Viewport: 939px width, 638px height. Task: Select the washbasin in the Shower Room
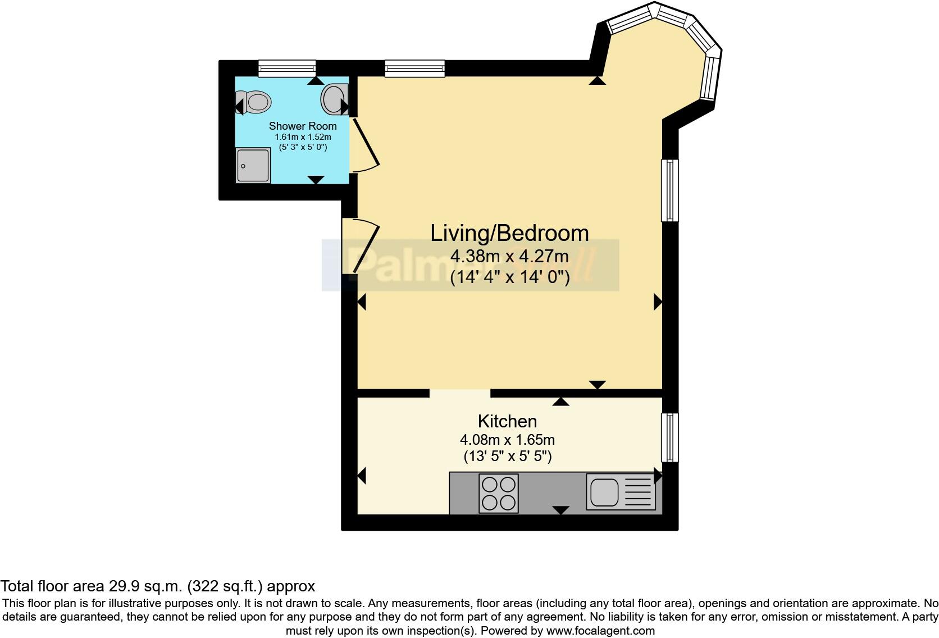coord(334,99)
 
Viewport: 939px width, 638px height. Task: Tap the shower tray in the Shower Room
coord(253,166)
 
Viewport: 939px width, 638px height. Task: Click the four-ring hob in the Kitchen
coord(498,494)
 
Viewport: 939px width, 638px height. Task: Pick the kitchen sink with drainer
coord(621,493)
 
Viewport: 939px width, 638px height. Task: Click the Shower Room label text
coord(303,126)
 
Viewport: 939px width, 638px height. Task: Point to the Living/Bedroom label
coord(509,233)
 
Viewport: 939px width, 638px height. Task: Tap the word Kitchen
coord(507,421)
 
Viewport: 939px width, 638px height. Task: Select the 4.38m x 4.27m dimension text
coord(509,257)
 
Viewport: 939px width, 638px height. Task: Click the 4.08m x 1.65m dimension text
coord(507,440)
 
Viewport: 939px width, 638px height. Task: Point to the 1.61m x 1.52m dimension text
coord(303,137)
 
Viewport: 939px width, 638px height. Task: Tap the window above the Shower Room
coord(287,68)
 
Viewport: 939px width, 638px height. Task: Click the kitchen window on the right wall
coord(670,438)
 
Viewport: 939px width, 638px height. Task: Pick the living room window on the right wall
coord(670,190)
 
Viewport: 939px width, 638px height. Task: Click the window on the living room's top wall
coord(414,68)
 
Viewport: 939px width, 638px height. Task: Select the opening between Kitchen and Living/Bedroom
coord(460,393)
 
